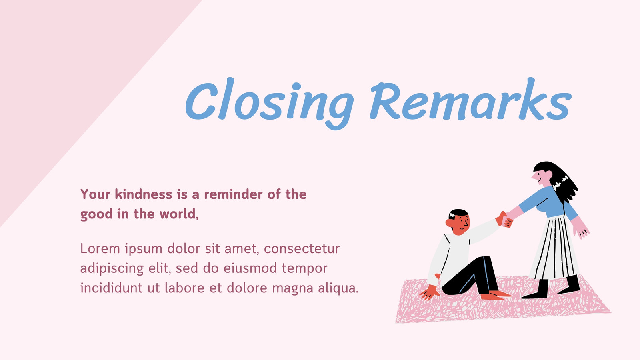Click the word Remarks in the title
[x=470, y=98]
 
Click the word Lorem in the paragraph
[x=100, y=248]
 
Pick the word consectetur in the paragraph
[x=302, y=248]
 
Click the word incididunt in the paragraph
[x=112, y=288]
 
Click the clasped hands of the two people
[x=504, y=220]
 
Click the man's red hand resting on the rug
[x=430, y=292]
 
